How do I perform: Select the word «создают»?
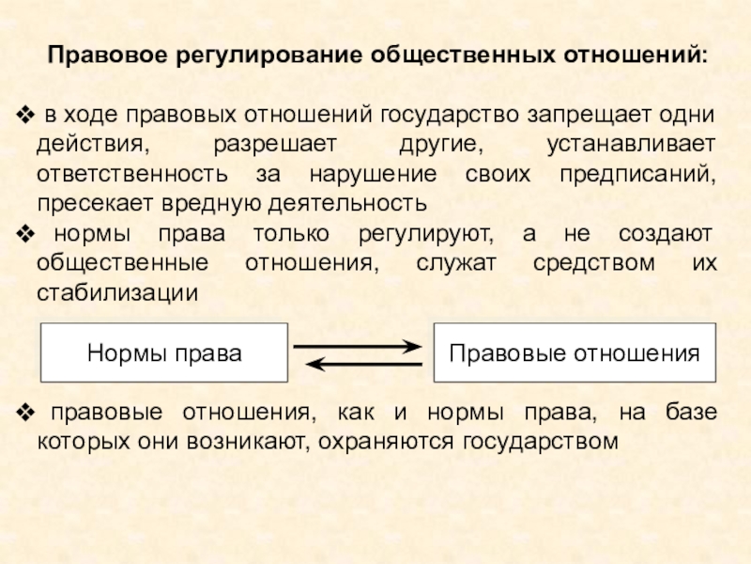667,234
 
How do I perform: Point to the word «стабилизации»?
117,291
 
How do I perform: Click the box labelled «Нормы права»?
164,353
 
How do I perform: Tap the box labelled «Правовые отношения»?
575,353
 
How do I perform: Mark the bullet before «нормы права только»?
26,234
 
